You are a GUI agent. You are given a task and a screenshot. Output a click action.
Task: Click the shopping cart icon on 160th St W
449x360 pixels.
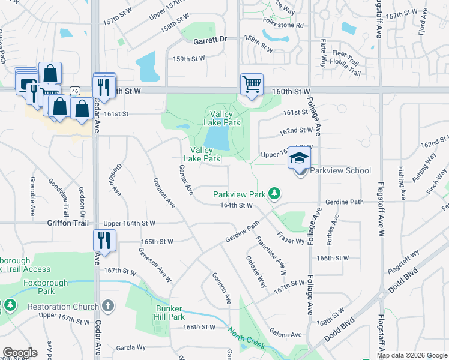coord(252,84)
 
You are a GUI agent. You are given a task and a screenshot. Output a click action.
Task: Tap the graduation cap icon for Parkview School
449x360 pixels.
coord(300,158)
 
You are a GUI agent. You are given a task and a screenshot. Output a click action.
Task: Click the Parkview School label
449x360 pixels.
coord(341,171)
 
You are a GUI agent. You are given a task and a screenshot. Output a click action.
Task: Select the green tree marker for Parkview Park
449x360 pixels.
coord(274,193)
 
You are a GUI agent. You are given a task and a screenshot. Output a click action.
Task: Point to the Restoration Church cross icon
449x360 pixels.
coord(108,306)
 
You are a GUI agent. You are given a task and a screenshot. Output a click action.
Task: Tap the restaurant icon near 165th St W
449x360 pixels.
coord(104,241)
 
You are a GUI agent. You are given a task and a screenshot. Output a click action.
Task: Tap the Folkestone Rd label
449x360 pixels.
coord(283,26)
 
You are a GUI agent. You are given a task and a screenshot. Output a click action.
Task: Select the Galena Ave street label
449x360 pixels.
coord(285,334)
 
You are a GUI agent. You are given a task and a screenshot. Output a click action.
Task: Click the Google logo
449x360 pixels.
coord(20,353)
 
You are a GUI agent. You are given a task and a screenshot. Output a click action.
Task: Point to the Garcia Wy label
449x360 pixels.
coord(131,347)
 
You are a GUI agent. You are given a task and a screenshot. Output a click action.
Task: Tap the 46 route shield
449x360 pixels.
coord(74,91)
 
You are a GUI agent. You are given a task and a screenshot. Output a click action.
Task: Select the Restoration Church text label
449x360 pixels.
coord(63,307)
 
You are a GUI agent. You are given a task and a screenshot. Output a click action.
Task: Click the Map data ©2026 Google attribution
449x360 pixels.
coord(412,355)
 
